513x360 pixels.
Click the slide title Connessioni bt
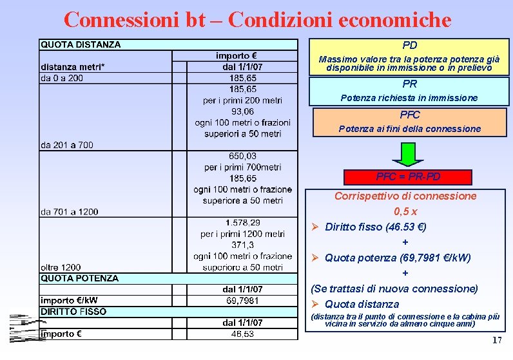257,19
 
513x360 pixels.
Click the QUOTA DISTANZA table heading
81,44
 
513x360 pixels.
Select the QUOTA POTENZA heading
79,278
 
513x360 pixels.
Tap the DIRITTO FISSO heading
73,312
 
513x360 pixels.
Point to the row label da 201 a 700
67,145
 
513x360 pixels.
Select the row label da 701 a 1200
70,212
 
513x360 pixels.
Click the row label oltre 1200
61,267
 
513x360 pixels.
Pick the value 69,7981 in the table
242,301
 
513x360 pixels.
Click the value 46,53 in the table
242,334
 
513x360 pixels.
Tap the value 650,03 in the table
242,156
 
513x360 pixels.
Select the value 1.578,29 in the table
242,223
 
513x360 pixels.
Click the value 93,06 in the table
242,111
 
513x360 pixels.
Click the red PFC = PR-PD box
408,176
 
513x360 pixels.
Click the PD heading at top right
409,45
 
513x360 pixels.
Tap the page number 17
496,340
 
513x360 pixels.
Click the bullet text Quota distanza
362,304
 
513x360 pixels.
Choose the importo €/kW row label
70,301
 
